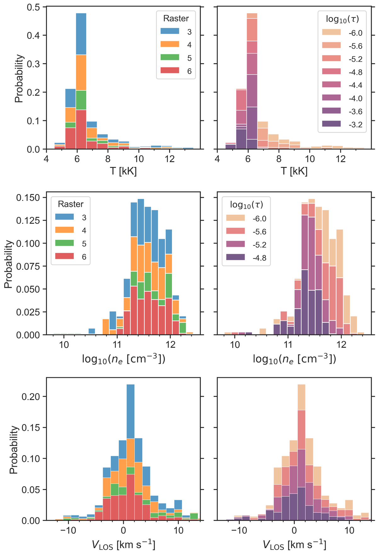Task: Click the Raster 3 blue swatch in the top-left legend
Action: [x=170, y=31]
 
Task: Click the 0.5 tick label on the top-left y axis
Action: [x=34, y=7]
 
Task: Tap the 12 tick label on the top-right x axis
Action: [x=340, y=158]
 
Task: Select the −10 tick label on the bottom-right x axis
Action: [x=239, y=530]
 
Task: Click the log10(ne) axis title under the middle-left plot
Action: [x=123, y=358]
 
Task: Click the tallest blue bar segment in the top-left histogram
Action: [x=81, y=34]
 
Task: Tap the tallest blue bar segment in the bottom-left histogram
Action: [x=130, y=411]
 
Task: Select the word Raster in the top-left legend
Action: [x=176, y=19]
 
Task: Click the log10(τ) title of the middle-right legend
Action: [x=246, y=205]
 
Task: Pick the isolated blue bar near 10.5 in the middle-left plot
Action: [x=92, y=331]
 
